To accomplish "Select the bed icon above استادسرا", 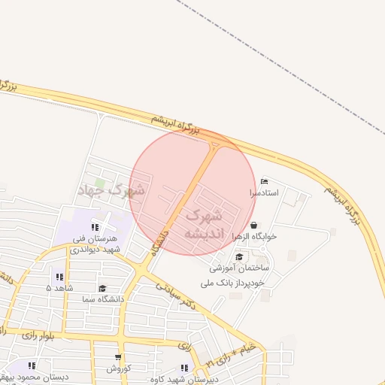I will coord(263,182).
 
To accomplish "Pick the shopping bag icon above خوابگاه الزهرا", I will coord(253,225).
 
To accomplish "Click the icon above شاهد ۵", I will coord(59,277).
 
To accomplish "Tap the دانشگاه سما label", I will coord(102,299).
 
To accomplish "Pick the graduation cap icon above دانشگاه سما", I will coord(102,288).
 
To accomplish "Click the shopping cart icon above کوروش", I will coord(118,357).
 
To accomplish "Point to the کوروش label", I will coord(118,368).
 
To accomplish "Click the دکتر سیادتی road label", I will coord(180,291).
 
